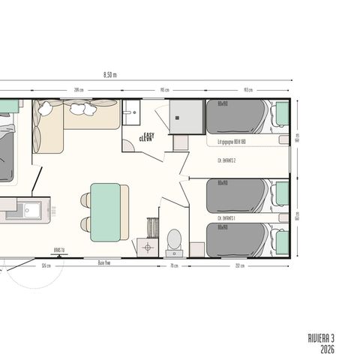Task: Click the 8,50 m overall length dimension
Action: coord(110,75)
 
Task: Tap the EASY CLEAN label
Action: coord(148,138)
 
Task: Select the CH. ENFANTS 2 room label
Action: coord(227,160)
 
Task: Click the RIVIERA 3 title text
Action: coord(320,338)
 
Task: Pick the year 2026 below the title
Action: coord(326,349)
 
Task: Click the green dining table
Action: coord(105,212)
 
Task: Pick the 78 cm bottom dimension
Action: coord(173,265)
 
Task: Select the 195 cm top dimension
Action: coord(163,90)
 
